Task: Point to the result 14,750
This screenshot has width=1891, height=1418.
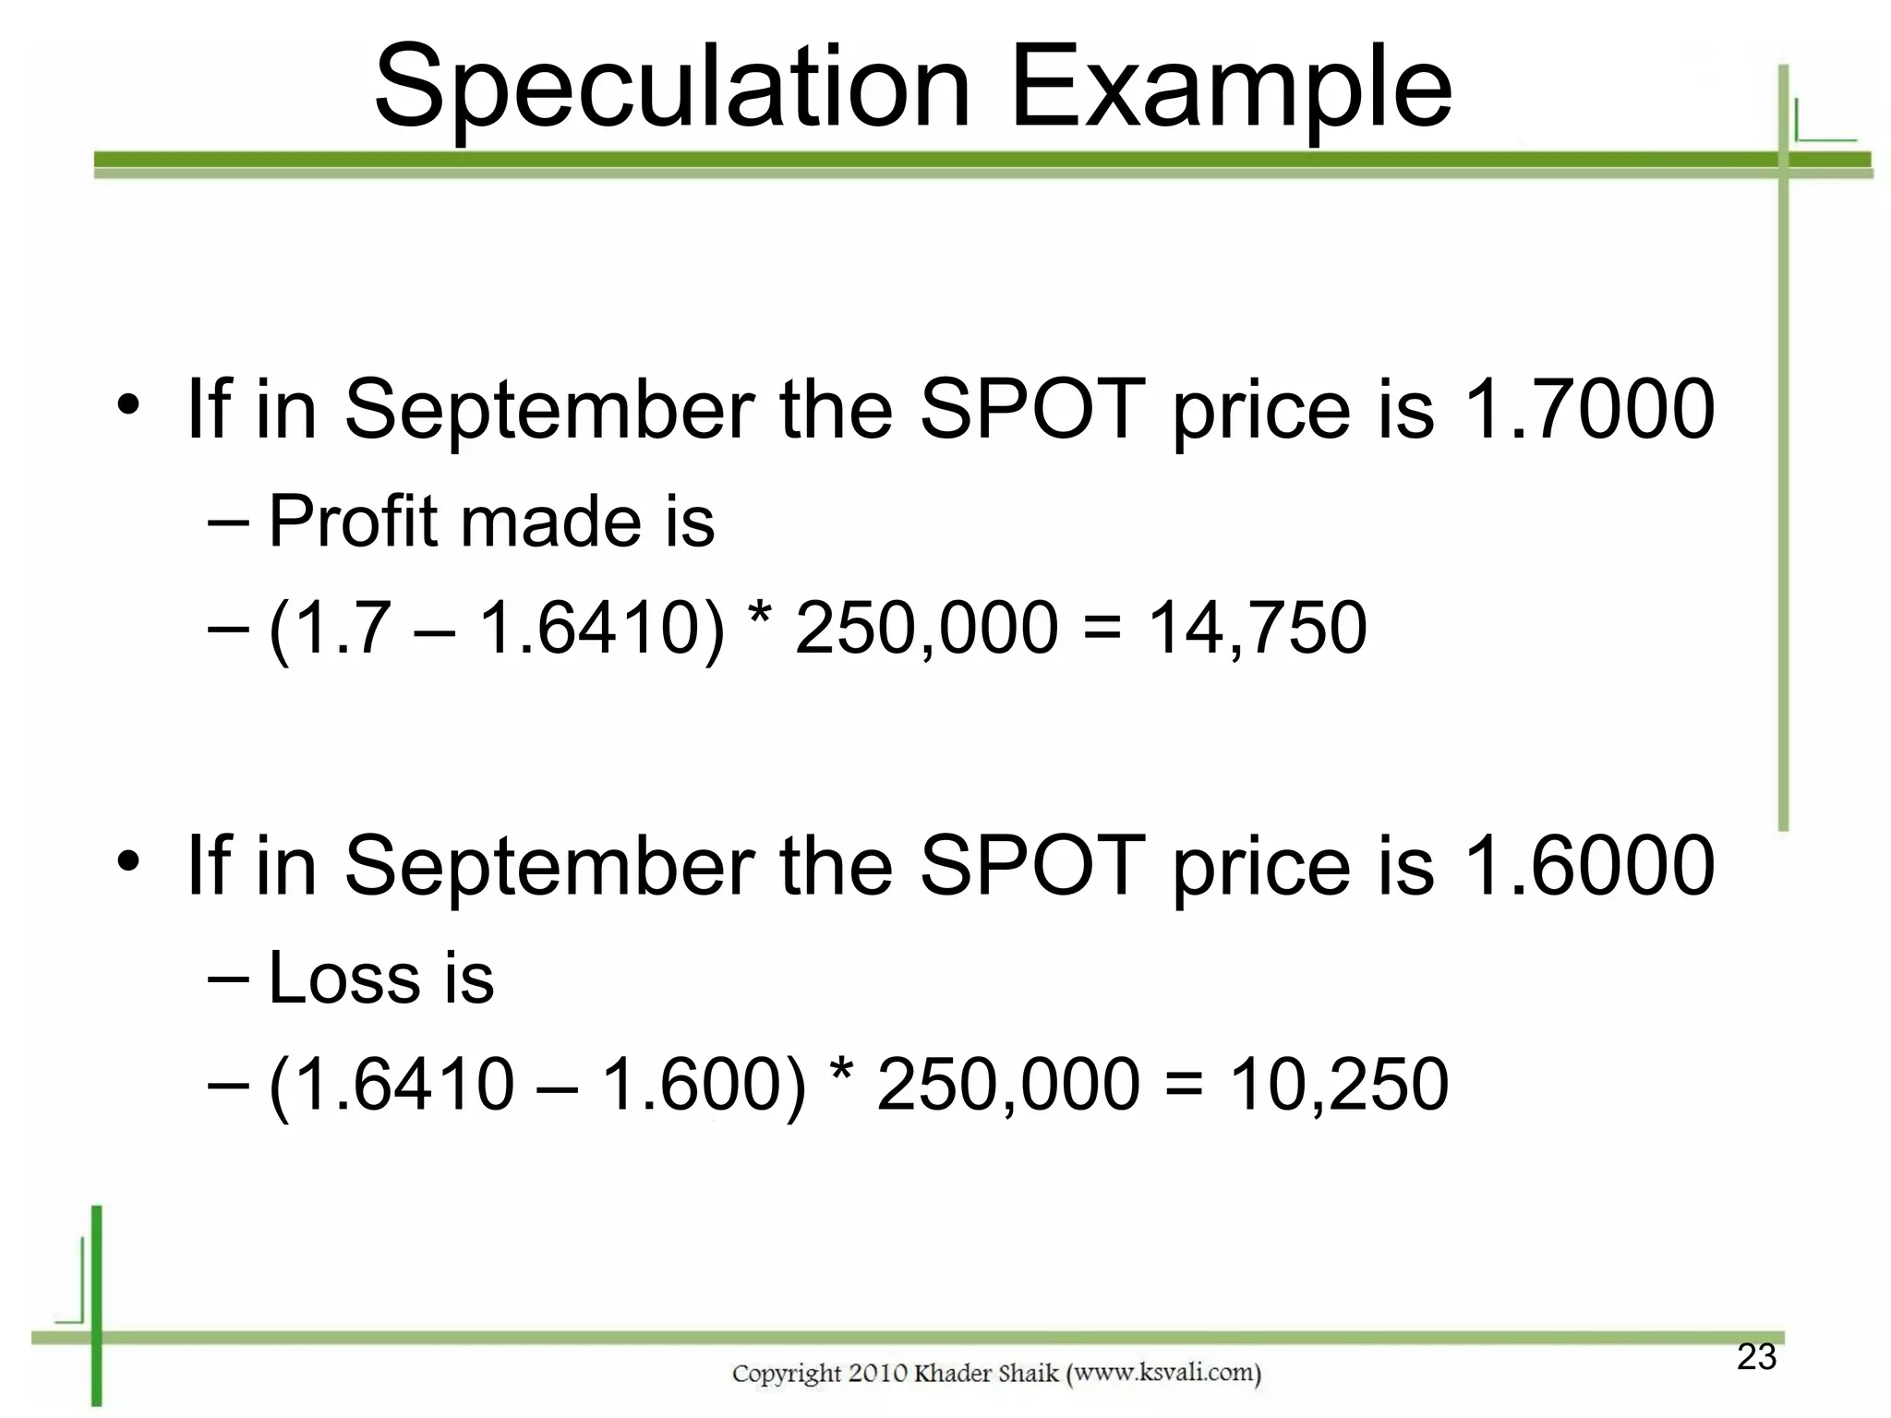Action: pyautogui.click(x=1257, y=628)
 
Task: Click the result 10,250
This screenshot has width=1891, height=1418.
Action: pyautogui.click(x=1338, y=1084)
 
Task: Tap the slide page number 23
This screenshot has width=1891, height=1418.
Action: pyautogui.click(x=1756, y=1357)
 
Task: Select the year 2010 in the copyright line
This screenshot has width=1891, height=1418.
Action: pyautogui.click(x=877, y=1373)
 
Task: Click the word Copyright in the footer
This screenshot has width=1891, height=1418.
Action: pyautogui.click(x=787, y=1373)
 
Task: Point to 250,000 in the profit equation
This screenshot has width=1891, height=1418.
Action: pyautogui.click(x=926, y=628)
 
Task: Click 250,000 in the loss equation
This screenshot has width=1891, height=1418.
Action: pyautogui.click(x=1008, y=1084)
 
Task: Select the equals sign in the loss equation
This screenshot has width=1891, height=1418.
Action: pyautogui.click(x=1185, y=1086)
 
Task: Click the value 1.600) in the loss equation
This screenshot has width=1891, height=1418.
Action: pyautogui.click(x=703, y=1084)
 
